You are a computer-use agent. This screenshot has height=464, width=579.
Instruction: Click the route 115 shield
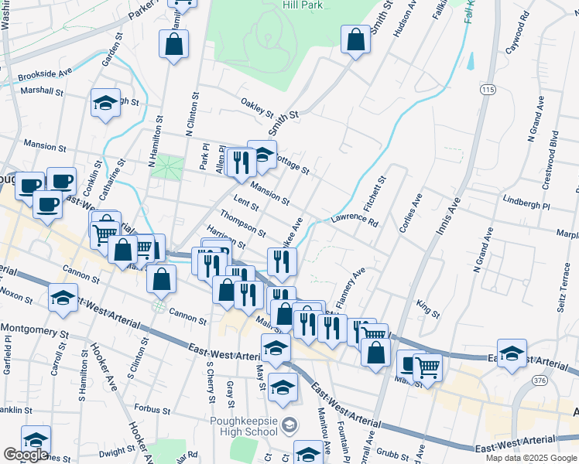coord(487,90)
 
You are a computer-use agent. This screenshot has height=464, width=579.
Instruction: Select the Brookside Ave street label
coord(45,76)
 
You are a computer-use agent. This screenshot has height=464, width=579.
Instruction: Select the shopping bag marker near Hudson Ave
coord(355,41)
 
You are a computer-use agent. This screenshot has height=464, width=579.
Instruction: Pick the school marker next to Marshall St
coord(105,104)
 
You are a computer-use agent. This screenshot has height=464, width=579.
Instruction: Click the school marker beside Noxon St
coord(63,298)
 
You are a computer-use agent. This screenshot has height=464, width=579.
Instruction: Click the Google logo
coord(25,454)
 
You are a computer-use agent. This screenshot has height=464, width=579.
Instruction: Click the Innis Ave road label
coord(447,217)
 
